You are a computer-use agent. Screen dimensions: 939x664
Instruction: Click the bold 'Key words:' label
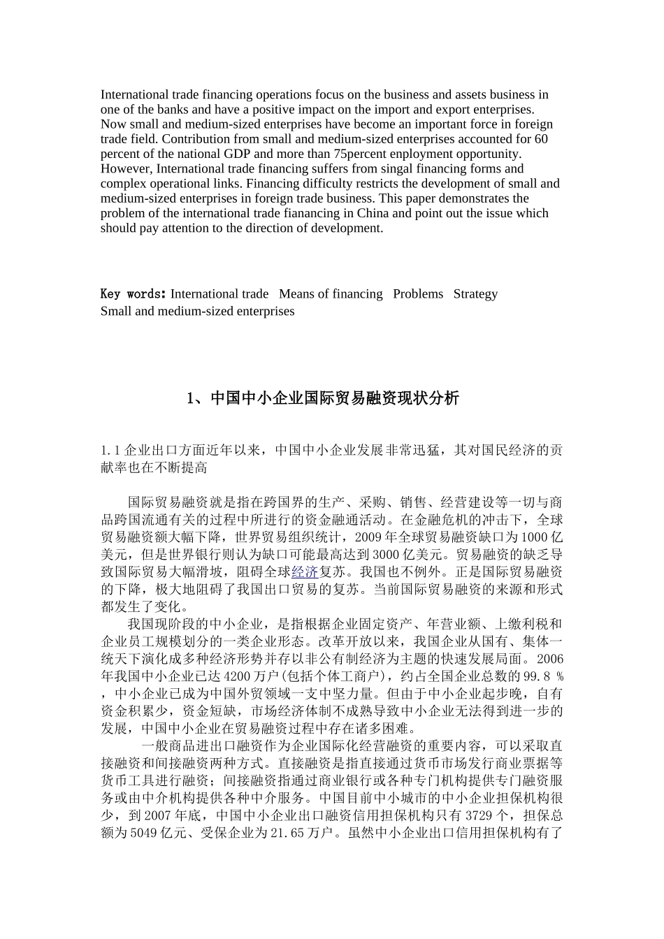click(133, 294)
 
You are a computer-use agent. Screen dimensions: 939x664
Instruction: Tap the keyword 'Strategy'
click(475, 294)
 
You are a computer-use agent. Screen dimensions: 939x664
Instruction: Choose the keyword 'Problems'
click(418, 294)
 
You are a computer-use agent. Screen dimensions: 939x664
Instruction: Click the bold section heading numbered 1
click(323, 398)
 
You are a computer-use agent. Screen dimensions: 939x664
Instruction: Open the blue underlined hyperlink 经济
click(305, 572)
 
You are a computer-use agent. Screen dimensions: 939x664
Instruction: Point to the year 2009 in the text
click(368, 538)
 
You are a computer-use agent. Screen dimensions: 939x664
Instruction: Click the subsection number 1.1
click(111, 451)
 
